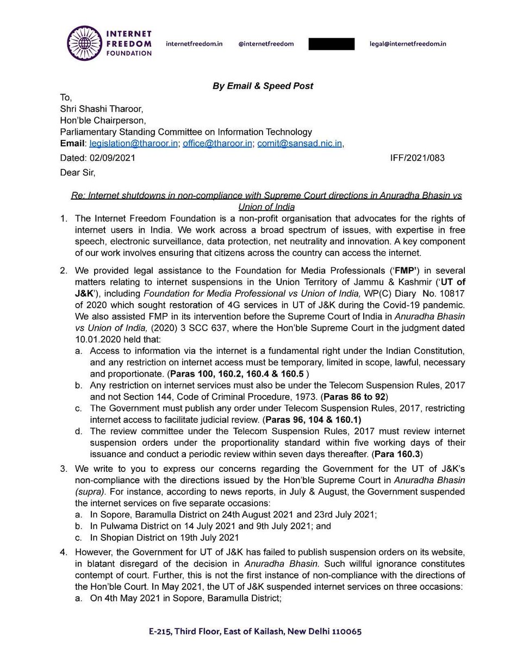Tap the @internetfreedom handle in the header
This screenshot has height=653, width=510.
point(266,43)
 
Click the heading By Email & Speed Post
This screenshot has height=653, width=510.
point(262,86)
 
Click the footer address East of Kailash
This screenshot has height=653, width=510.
point(262,632)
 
